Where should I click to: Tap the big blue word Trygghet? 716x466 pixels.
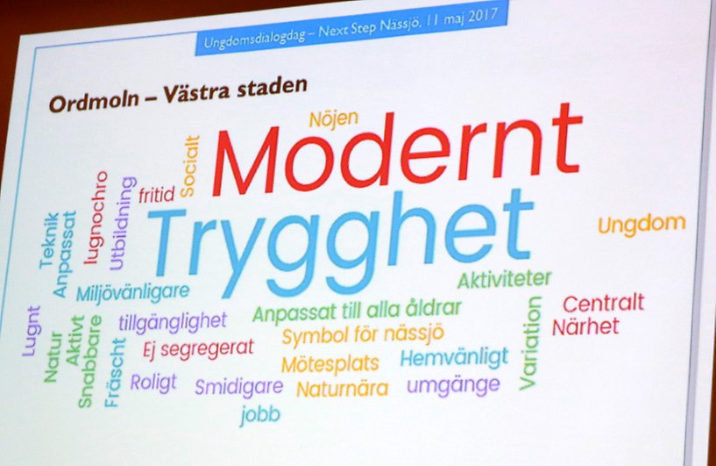tap(340, 242)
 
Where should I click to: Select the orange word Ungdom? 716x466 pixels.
tap(642, 225)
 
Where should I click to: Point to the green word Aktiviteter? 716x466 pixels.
tap(504, 279)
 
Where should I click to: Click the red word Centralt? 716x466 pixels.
tap(603, 303)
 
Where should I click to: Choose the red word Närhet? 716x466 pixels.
tap(585, 326)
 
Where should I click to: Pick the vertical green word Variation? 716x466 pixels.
tap(530, 343)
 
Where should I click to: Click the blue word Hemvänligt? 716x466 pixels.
tap(454, 357)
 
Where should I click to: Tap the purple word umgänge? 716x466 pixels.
tap(453, 386)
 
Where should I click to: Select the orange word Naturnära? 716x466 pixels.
tap(343, 389)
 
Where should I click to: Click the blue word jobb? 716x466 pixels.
tap(260, 415)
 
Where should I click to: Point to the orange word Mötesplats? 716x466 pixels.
tap(330, 364)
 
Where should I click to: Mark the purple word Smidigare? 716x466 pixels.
tap(239, 387)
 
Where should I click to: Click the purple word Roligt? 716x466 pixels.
tap(153, 382)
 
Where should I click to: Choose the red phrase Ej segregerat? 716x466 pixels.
tap(198, 349)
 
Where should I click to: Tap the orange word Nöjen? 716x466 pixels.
tap(334, 119)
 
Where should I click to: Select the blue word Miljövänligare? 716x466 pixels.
tap(132, 292)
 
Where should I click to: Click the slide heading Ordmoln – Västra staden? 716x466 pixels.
tap(178, 95)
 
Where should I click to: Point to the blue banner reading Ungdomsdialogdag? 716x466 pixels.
tap(351, 28)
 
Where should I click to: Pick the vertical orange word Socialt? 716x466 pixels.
tap(190, 167)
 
